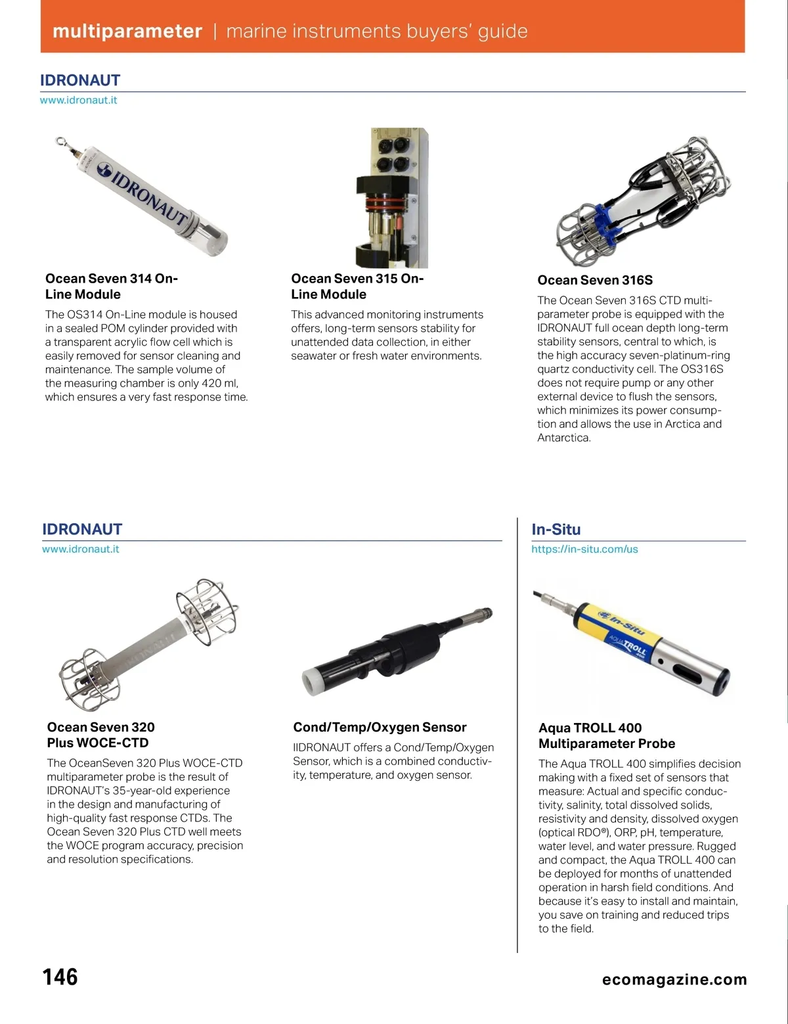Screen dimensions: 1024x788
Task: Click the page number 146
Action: click(x=60, y=977)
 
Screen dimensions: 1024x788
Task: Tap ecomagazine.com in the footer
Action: click(x=674, y=979)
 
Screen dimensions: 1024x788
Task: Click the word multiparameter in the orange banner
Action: click(x=127, y=31)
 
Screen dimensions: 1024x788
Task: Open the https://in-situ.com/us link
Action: click(x=584, y=549)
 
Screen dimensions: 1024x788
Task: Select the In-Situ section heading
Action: click(x=556, y=529)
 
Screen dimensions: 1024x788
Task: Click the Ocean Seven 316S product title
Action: click(x=595, y=280)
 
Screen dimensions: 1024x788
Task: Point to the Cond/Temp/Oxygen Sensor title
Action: click(x=380, y=727)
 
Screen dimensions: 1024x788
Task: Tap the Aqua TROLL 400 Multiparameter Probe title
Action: click(x=606, y=735)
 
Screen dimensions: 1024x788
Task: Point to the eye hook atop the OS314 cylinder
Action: click(x=61, y=140)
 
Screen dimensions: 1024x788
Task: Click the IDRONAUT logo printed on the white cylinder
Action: click(x=143, y=191)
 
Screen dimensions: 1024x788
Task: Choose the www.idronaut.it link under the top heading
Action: click(x=79, y=100)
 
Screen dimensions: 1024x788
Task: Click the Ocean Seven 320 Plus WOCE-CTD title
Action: click(x=100, y=735)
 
